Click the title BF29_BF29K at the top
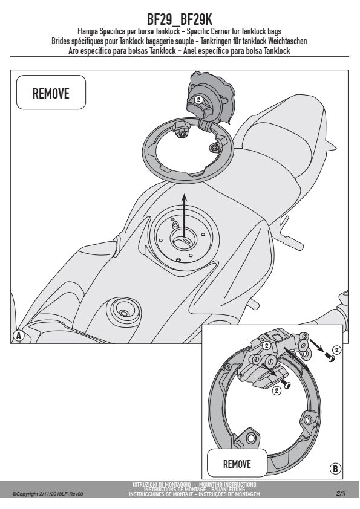[x=179, y=19]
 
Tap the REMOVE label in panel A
[x=51, y=94]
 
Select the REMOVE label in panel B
[x=237, y=464]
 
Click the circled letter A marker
[x=18, y=336]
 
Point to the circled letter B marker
[x=335, y=468]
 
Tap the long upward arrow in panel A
[x=184, y=216]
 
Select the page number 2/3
[x=341, y=494]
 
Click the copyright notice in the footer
[x=48, y=494]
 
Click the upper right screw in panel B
[x=331, y=358]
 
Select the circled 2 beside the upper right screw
[x=337, y=349]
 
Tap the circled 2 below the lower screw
[x=277, y=390]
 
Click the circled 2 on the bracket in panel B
[x=266, y=346]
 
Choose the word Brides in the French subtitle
[x=61, y=41]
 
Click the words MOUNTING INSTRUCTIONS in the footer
[x=229, y=484]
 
